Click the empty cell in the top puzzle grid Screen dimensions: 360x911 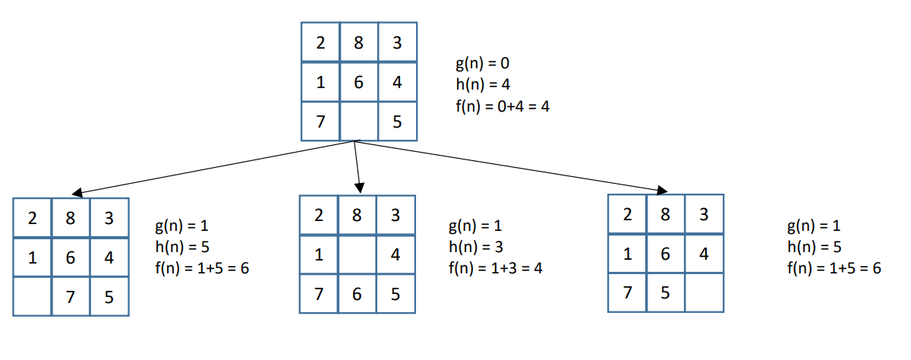(x=358, y=122)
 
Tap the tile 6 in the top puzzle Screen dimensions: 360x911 (x=358, y=82)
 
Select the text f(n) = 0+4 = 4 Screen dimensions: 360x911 (x=502, y=106)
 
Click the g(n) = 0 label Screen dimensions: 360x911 (x=482, y=63)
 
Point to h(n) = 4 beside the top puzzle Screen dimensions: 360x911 (x=482, y=84)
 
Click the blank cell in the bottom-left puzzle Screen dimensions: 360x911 (x=33, y=297)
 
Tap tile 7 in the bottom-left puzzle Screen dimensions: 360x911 (x=71, y=297)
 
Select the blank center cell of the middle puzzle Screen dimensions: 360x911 (x=357, y=255)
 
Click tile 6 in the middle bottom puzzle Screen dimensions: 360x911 (x=357, y=294)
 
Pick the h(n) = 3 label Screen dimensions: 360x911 (x=475, y=247)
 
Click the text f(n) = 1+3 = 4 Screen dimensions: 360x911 (x=495, y=268)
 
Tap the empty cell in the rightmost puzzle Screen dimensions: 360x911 (x=705, y=292)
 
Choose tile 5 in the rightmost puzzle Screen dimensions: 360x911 (x=666, y=292)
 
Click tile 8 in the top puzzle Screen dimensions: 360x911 (x=358, y=43)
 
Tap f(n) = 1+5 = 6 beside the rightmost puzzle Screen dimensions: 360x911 (x=834, y=268)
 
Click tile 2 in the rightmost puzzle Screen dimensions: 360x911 (x=628, y=214)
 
